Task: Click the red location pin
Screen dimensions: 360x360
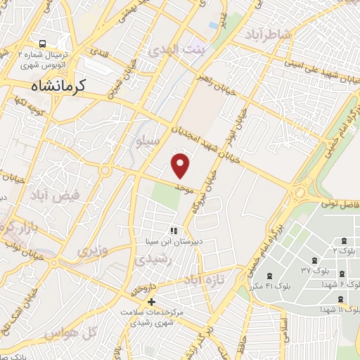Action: pyautogui.click(x=181, y=165)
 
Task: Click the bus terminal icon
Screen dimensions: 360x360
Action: pyautogui.click(x=43, y=43)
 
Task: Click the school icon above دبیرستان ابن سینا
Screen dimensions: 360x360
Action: pyautogui.click(x=173, y=230)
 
